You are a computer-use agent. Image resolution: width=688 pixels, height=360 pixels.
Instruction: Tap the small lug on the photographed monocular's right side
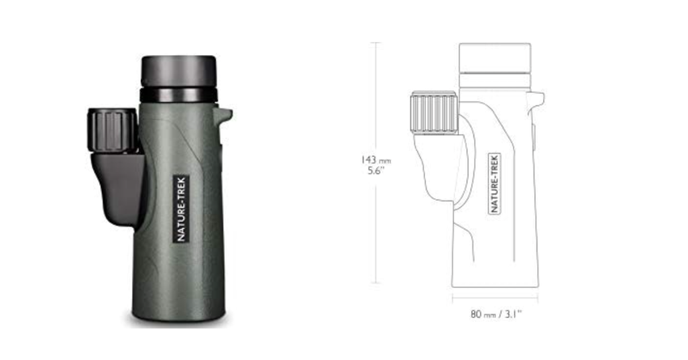pos(224,115)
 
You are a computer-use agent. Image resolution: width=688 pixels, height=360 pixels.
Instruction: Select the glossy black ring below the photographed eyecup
pos(178,95)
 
